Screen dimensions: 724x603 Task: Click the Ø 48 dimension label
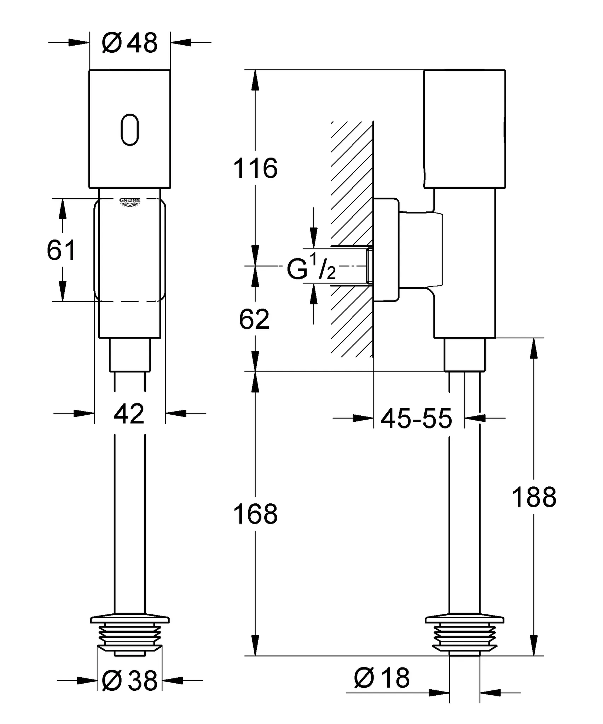pos(129,43)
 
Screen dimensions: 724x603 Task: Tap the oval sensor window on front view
pos(130,129)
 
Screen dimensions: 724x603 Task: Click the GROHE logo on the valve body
pos(130,202)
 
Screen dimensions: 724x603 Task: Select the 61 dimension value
pos(61,250)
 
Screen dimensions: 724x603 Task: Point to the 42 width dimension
pos(129,413)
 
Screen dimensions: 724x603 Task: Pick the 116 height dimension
pos(255,168)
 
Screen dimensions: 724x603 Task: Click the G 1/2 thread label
pos(311,269)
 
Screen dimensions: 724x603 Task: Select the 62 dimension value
pos(254,319)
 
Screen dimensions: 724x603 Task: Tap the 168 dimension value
pos(255,514)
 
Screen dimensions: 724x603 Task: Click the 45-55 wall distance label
pos(416,419)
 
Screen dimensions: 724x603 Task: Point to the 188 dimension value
pos(534,497)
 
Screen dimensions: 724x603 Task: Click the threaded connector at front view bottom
pos(130,636)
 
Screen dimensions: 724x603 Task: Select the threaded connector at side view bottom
pos(464,636)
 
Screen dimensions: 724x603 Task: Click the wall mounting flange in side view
pos(386,250)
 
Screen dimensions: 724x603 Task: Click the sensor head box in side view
pos(464,129)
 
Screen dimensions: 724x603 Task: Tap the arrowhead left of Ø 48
pos(79,43)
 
